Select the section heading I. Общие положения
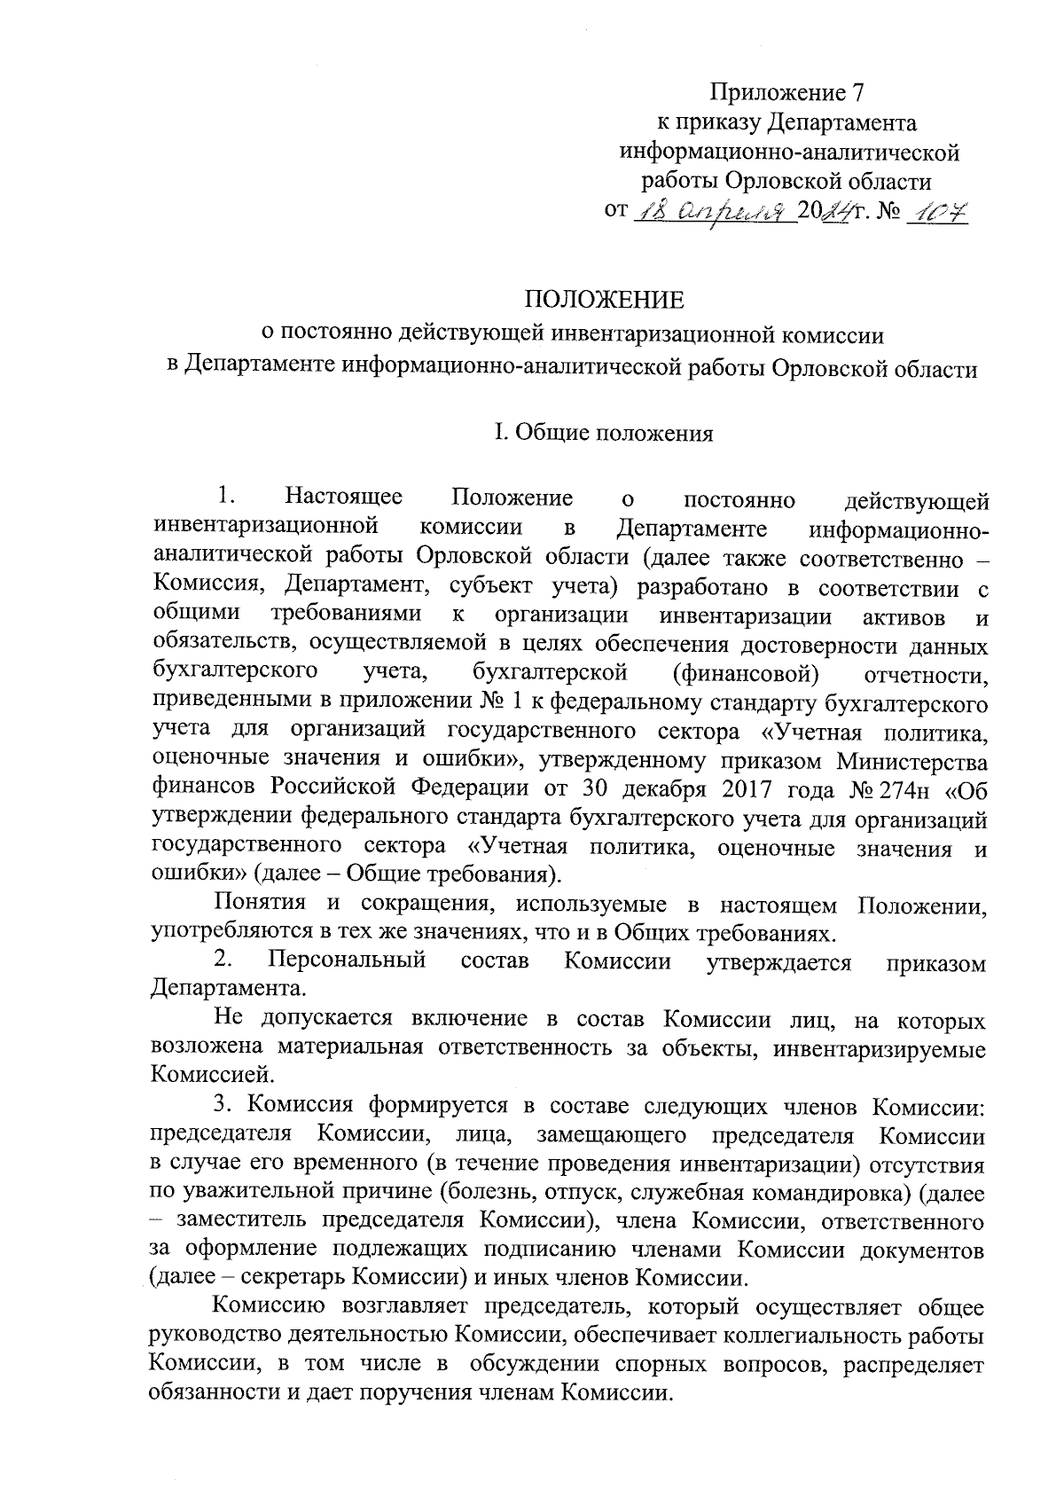(603, 434)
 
